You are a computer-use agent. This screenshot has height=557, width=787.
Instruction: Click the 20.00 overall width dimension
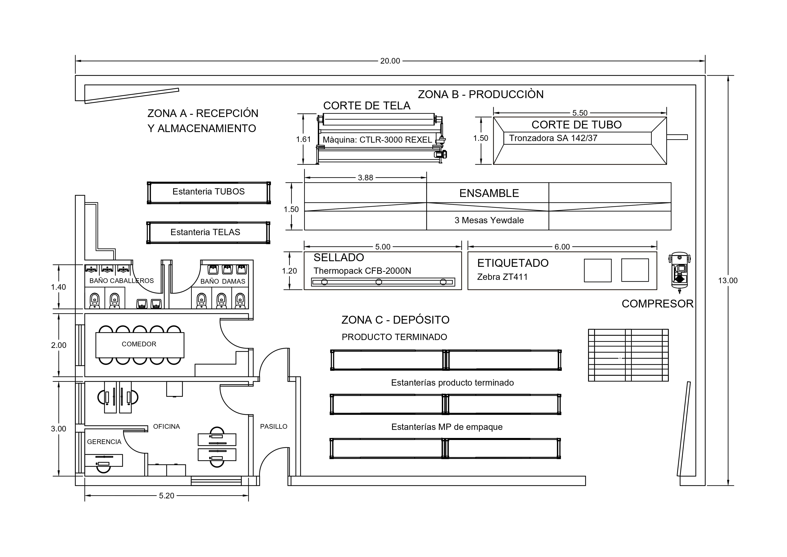pyautogui.click(x=390, y=61)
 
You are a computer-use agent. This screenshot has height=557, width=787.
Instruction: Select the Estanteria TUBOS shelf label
pyautogui.click(x=208, y=192)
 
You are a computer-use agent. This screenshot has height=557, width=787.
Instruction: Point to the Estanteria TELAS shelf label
pyautogui.click(x=205, y=232)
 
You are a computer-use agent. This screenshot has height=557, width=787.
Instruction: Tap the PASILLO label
pyautogui.click(x=274, y=427)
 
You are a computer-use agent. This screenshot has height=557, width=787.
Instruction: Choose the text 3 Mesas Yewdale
pyautogui.click(x=489, y=220)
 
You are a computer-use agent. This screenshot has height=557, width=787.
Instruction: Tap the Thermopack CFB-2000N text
pyautogui.click(x=362, y=271)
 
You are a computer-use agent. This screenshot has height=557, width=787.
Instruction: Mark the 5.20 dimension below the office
pyautogui.click(x=167, y=495)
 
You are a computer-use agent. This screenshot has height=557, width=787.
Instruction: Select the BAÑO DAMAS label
pyautogui.click(x=223, y=281)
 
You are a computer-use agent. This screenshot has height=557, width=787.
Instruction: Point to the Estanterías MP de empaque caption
pyautogui.click(x=447, y=427)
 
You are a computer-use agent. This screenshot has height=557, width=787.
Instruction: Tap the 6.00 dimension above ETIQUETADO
pyautogui.click(x=562, y=247)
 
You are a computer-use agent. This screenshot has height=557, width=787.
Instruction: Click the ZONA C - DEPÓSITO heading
pyautogui.click(x=395, y=320)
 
